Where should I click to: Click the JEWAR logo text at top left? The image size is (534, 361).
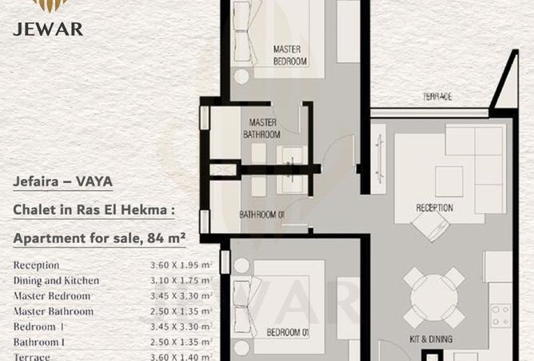[47, 29]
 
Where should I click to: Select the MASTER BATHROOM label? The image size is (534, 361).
[264, 129]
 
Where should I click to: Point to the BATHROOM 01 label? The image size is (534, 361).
[262, 215]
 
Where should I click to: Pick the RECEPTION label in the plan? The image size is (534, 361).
[434, 208]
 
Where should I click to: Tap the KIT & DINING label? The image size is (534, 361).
[430, 339]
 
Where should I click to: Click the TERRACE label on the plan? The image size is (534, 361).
[437, 97]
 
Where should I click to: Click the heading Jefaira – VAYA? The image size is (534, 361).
[62, 181]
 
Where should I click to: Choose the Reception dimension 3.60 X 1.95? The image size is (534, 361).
[180, 265]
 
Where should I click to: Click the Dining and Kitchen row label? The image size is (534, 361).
[56, 280]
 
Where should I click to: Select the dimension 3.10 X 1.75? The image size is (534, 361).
[180, 280]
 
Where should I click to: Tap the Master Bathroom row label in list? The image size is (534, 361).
[53, 311]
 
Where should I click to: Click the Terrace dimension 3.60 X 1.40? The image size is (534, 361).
[180, 357]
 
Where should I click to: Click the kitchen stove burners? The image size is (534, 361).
[500, 316]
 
